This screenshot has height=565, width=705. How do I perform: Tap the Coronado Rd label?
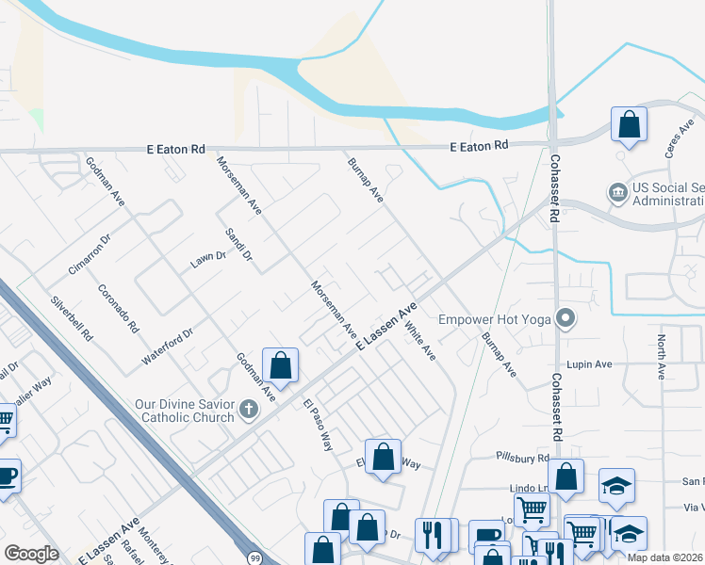(119, 311)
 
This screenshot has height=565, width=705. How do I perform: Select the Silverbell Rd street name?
(73, 319)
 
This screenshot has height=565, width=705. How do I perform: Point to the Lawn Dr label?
(208, 259)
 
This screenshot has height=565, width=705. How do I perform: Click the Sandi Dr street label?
(239, 244)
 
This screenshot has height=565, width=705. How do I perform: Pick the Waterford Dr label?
(167, 347)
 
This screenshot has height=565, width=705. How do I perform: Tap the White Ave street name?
(420, 341)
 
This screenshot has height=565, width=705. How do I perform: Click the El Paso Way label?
(319, 425)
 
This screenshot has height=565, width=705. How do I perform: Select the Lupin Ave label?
(590, 364)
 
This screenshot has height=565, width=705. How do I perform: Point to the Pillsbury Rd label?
(523, 458)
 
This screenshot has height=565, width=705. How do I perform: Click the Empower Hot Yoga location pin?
(566, 319)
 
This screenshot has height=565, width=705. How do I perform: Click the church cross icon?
(249, 409)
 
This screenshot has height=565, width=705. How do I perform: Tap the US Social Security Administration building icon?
(618, 193)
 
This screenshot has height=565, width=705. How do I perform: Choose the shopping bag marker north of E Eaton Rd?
(629, 124)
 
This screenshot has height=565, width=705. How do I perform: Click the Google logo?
(31, 554)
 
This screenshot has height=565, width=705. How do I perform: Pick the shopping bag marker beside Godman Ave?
(281, 364)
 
